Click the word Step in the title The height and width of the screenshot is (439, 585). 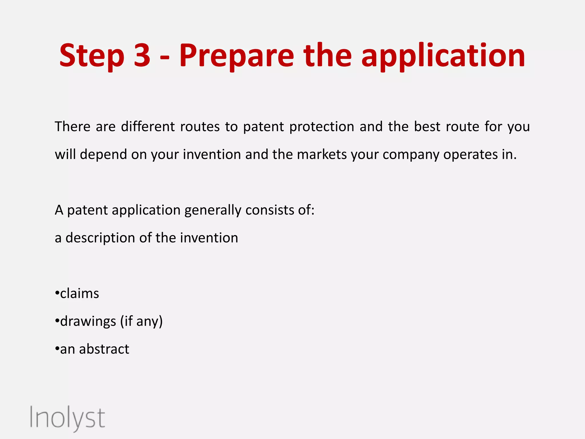[92, 56]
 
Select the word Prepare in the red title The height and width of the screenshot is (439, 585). [237, 56]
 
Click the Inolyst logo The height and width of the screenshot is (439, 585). [67, 418]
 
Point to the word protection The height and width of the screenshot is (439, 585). [322, 127]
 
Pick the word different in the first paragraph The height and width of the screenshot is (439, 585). [148, 126]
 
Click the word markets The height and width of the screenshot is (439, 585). [322, 154]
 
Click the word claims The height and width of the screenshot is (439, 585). [79, 294]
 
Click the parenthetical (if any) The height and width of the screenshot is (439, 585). [141, 322]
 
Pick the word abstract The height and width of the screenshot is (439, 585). [104, 349]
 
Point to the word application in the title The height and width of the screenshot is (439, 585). [443, 56]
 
